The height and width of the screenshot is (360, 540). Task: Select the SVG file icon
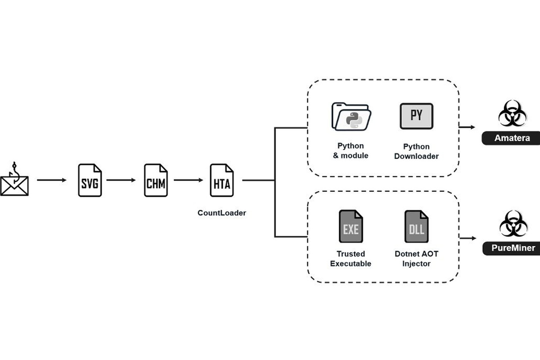click(x=90, y=180)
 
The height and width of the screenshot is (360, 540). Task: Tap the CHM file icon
click(x=156, y=180)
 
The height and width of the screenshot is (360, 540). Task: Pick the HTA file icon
click(x=222, y=180)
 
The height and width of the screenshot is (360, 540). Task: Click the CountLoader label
click(x=222, y=213)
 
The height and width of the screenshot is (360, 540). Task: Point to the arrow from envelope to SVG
click(x=52, y=180)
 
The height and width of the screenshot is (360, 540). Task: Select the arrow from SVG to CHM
click(x=121, y=180)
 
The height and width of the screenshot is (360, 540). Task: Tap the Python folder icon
click(x=351, y=117)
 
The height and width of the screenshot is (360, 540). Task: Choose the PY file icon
click(x=416, y=116)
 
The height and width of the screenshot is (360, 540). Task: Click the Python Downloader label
click(x=416, y=152)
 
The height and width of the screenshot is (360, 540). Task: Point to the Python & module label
click(x=351, y=151)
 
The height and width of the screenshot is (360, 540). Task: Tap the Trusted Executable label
click(x=351, y=259)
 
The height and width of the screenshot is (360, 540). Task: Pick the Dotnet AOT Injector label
click(x=416, y=259)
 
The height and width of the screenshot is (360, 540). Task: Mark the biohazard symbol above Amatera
click(x=512, y=114)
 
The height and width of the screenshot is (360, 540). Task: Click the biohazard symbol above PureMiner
click(x=512, y=224)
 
